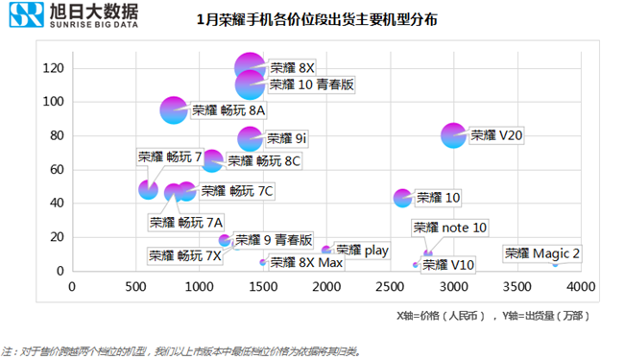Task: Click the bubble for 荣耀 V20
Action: (x=454, y=135)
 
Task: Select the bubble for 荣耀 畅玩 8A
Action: (x=174, y=110)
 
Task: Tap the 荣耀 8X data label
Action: (x=293, y=68)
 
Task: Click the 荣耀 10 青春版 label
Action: (x=312, y=84)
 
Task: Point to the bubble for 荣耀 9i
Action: (x=251, y=138)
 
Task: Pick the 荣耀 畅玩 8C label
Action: (x=265, y=160)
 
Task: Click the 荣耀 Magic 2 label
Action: (x=542, y=253)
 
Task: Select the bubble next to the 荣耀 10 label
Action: (x=403, y=198)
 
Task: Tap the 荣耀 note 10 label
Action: (x=450, y=228)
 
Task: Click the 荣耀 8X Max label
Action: (x=306, y=262)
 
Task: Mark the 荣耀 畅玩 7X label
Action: (x=185, y=255)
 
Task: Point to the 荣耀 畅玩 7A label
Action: (x=186, y=222)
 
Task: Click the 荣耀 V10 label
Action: (x=448, y=264)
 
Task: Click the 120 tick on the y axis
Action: (x=53, y=68)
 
